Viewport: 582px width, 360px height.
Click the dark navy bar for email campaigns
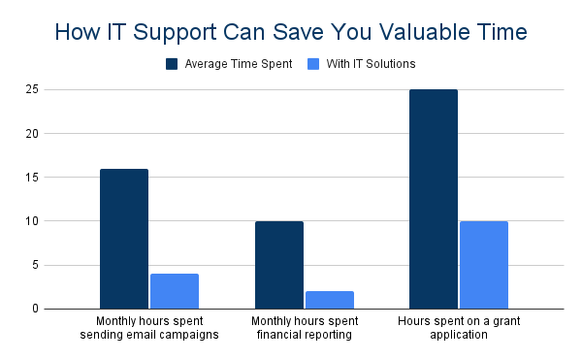pos(124,239)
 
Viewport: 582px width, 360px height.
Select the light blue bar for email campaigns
pos(175,291)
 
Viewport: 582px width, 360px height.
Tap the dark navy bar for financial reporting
pos(279,265)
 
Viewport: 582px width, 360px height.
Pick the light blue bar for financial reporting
pos(330,300)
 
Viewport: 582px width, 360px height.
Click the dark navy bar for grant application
pos(434,199)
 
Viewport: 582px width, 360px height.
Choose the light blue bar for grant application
pos(484,265)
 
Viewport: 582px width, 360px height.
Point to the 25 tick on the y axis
pos(32,89)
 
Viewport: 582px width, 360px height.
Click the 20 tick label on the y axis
pos(32,134)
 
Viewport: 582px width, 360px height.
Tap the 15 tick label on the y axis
pos(32,178)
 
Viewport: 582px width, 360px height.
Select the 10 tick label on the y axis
pos(32,221)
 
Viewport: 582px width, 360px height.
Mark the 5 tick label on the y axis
pos(35,265)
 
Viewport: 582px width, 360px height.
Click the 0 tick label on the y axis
pos(35,309)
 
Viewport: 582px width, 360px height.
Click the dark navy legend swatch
pos(172,64)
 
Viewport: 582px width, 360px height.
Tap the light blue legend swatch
pos(313,64)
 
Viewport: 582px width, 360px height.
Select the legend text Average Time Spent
pos(239,64)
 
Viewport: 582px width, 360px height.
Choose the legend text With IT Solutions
pos(371,64)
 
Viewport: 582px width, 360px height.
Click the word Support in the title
pos(175,33)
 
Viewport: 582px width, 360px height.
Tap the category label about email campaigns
pos(149,328)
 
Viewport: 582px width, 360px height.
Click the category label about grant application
pos(459,328)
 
